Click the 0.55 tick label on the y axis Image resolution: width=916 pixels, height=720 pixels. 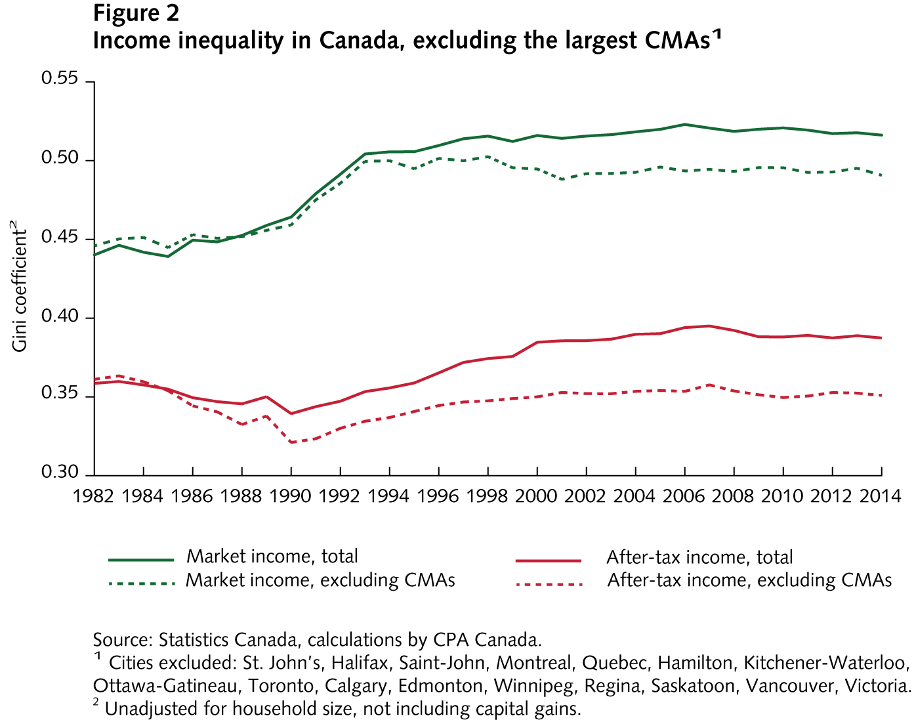click(59, 79)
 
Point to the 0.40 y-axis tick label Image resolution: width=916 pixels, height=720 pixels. click(59, 317)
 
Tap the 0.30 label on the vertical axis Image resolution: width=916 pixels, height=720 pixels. click(59, 473)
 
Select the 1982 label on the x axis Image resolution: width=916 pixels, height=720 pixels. click(93, 496)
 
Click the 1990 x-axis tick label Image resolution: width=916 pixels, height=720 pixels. click(291, 496)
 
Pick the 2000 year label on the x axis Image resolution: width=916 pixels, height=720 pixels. click(537, 496)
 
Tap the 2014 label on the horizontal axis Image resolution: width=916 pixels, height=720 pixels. click(881, 496)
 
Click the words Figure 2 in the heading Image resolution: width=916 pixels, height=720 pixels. click(136, 13)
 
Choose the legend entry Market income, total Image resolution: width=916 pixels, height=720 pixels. click(272, 557)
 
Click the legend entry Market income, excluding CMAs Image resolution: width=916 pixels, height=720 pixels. click(320, 580)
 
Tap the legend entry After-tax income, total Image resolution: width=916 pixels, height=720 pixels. click(699, 557)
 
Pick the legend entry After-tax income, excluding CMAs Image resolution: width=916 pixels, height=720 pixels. click(749, 580)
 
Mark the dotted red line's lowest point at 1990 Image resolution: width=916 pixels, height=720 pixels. click(291, 442)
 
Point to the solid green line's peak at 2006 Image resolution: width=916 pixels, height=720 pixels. click(684, 124)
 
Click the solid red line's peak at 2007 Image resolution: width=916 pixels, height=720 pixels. click(709, 326)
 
